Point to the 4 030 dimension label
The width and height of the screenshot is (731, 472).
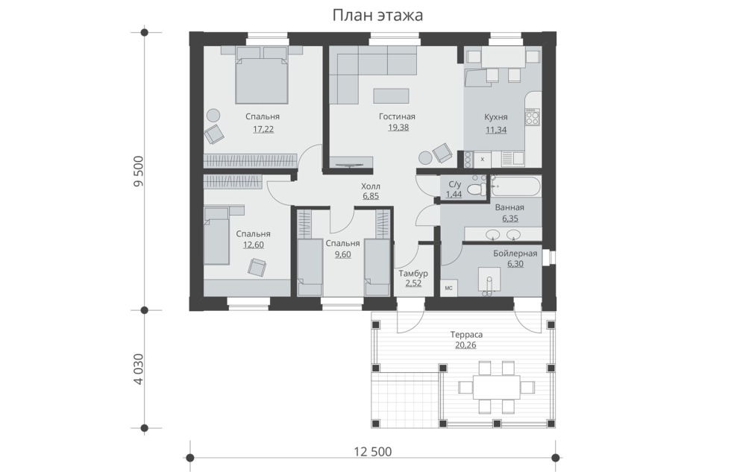point(138,369)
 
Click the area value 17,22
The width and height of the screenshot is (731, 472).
point(262,129)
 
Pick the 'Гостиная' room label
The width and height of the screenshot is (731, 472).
point(396,116)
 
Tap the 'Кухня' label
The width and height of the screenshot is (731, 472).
point(496,117)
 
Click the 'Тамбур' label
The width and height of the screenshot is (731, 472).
point(413,274)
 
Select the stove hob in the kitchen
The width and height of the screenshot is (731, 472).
point(532,116)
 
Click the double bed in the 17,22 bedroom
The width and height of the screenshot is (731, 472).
point(262,78)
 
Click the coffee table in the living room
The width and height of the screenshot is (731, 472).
point(392,95)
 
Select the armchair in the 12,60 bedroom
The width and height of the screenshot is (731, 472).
point(257,267)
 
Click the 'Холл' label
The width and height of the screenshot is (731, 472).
point(371,186)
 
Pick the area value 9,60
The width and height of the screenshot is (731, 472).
point(342,254)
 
